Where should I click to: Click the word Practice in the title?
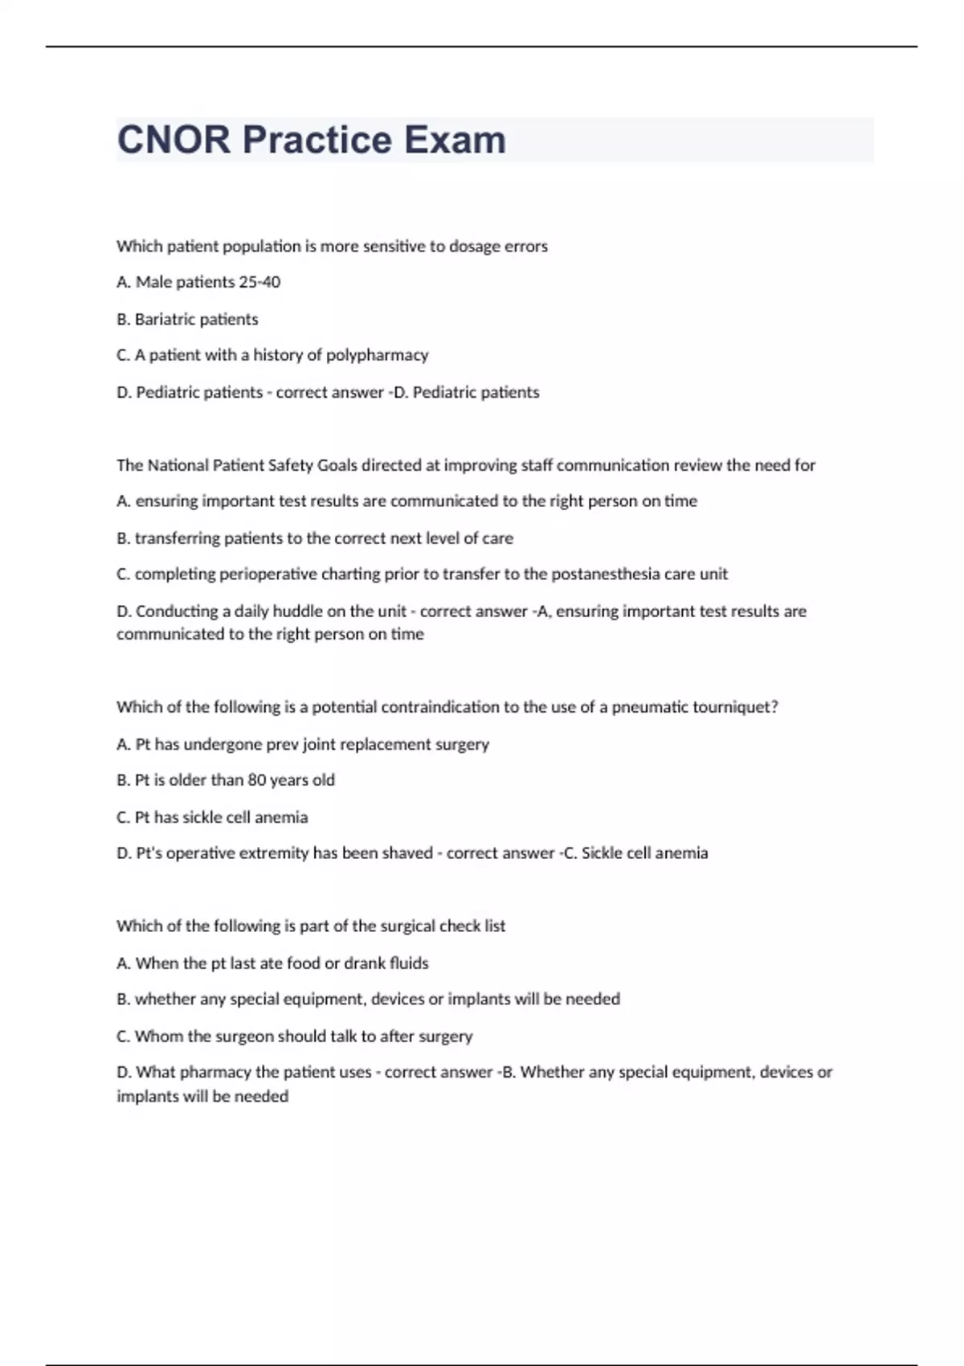tap(317, 140)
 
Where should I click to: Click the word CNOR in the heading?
tap(174, 140)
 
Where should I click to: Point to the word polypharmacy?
tap(377, 355)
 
